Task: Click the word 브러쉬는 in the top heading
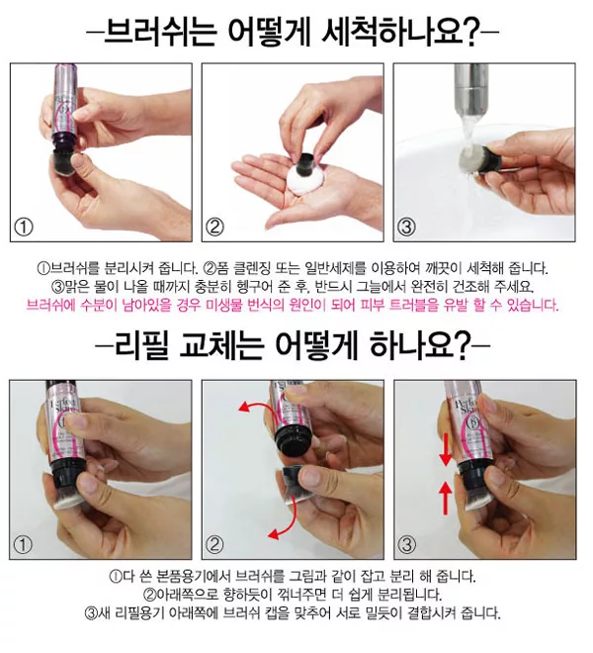tap(160, 32)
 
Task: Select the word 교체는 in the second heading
tap(221, 345)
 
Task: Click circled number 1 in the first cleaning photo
tap(24, 228)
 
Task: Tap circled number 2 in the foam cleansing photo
tap(214, 228)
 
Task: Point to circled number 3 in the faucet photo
tap(406, 228)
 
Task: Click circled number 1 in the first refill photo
tap(23, 545)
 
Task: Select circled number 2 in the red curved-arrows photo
tap(214, 545)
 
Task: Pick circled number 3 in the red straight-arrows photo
tap(407, 545)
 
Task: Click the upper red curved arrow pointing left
tap(260, 405)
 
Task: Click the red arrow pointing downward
tap(446, 449)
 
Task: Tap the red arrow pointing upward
tap(446, 498)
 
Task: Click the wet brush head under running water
tap(471, 160)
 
